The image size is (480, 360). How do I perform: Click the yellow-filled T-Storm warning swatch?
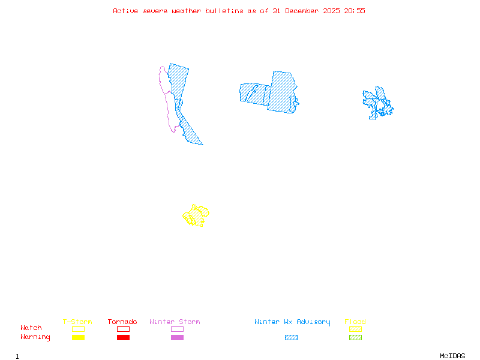pyautogui.click(x=78, y=337)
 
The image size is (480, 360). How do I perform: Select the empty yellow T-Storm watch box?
pyautogui.click(x=78, y=329)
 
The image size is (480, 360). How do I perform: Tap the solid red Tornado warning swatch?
pyautogui.click(x=123, y=337)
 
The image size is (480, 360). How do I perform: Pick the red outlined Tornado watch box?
pyautogui.click(x=123, y=329)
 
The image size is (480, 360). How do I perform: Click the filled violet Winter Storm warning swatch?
pyautogui.click(x=177, y=337)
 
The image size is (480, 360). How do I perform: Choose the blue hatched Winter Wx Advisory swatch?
pyautogui.click(x=291, y=337)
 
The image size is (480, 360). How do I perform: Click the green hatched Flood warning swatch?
pyautogui.click(x=355, y=337)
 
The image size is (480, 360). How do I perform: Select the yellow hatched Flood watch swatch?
pyautogui.click(x=355, y=329)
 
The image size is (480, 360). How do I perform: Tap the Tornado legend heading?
pyautogui.click(x=122, y=322)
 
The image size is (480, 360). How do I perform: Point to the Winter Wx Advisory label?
pyautogui.click(x=292, y=322)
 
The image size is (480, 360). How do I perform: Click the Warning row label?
pyautogui.click(x=35, y=337)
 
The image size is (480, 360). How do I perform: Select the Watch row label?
pyautogui.click(x=31, y=328)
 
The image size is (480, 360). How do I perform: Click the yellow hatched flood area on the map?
pyautogui.click(x=196, y=215)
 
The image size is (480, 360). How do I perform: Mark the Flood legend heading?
pyautogui.click(x=355, y=322)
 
